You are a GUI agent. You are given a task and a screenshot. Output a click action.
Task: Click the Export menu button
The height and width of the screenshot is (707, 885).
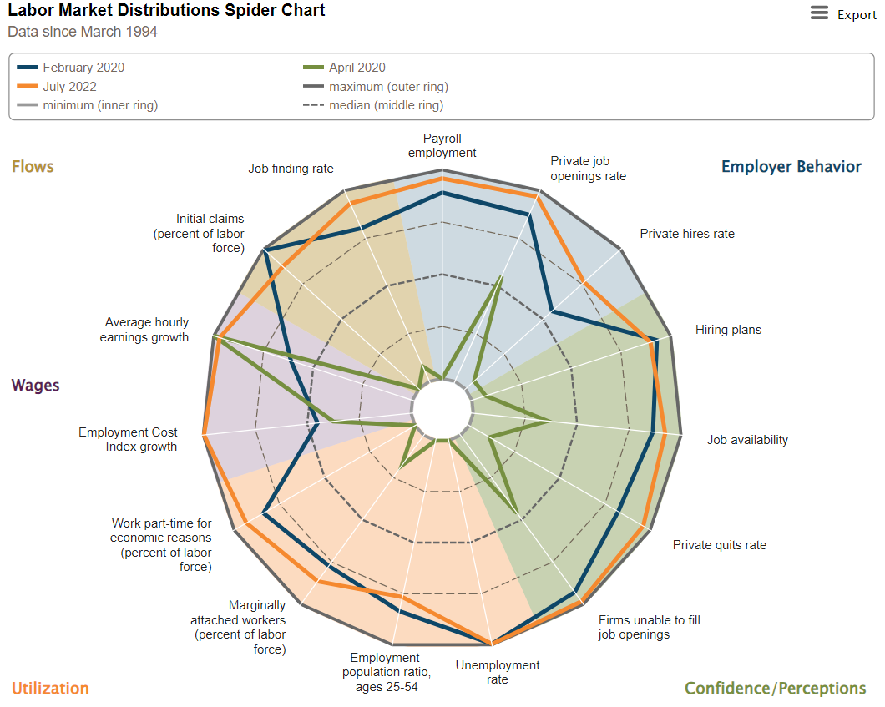(843, 14)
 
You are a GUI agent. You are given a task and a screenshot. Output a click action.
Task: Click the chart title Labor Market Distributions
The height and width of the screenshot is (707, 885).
(166, 11)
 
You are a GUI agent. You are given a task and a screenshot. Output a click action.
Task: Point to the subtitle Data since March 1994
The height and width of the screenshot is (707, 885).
(83, 32)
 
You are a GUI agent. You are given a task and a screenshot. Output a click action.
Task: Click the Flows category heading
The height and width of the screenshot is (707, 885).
(33, 166)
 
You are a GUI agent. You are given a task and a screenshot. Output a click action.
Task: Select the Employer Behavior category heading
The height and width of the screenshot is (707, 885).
(791, 166)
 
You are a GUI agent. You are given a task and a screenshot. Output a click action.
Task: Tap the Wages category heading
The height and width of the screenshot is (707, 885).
(35, 385)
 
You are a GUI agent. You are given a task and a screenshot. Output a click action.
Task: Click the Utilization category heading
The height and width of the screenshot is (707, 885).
(50, 688)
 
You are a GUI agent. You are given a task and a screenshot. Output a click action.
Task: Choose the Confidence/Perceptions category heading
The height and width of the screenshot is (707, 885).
(775, 688)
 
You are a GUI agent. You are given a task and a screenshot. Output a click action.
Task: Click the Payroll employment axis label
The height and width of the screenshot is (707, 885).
(442, 145)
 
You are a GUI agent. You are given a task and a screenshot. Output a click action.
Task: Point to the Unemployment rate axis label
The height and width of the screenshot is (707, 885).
(497, 672)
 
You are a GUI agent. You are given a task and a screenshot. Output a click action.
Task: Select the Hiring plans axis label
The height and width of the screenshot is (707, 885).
(728, 330)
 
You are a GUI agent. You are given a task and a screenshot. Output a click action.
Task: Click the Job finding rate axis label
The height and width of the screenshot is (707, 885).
(291, 169)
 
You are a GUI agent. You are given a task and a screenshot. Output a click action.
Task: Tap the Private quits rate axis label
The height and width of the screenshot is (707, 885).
(719, 545)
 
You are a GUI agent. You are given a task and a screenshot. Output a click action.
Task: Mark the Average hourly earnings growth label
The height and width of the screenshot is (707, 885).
(146, 330)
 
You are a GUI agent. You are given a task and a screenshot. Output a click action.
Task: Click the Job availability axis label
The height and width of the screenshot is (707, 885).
(747, 440)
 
